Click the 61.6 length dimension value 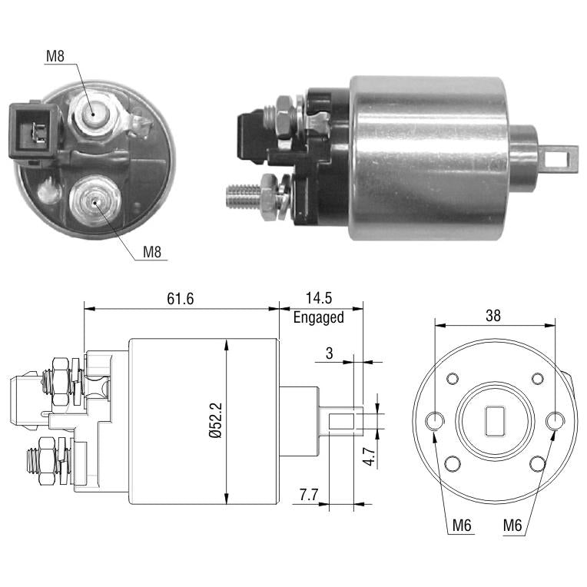pos(180,299)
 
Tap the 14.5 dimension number pos(319,298)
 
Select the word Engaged pos(319,317)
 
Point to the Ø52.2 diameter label pos(216,420)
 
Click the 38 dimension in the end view pos(493,316)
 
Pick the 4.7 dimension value pos(369,456)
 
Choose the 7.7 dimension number pos(308,495)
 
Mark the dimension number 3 pos(329,353)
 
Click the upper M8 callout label pos(55,56)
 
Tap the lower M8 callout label pos(152,252)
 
